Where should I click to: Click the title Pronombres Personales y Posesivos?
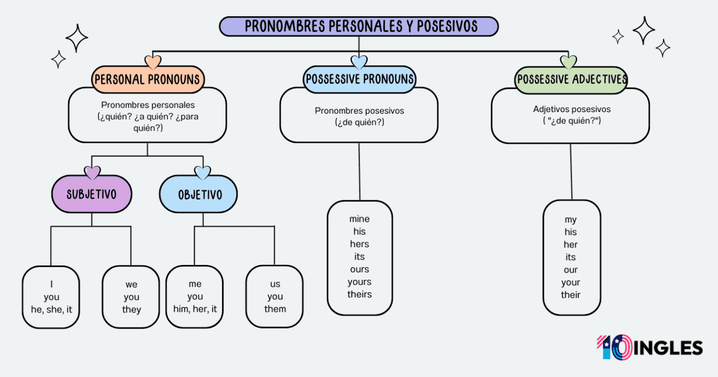pyautogui.click(x=358, y=26)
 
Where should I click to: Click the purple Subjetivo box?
pyautogui.click(x=91, y=194)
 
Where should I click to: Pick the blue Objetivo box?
pyautogui.click(x=199, y=194)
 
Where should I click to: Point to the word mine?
pyautogui.click(x=359, y=219)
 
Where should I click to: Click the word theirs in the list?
pyautogui.click(x=359, y=294)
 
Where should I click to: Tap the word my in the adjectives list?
pyautogui.click(x=571, y=220)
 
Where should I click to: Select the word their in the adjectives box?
pyautogui.click(x=571, y=295)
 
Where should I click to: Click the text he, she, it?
pyautogui.click(x=51, y=310)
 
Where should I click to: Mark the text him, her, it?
pyautogui.click(x=195, y=309)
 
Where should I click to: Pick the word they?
pyautogui.click(x=131, y=310)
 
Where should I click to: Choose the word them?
pyautogui.click(x=275, y=309)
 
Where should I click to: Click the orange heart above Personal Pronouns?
pyautogui.click(x=153, y=62)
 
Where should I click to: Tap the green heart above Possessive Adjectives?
pyautogui.click(x=568, y=62)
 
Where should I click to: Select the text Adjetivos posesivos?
pyautogui.click(x=572, y=109)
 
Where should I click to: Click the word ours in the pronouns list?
pyautogui.click(x=359, y=269)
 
